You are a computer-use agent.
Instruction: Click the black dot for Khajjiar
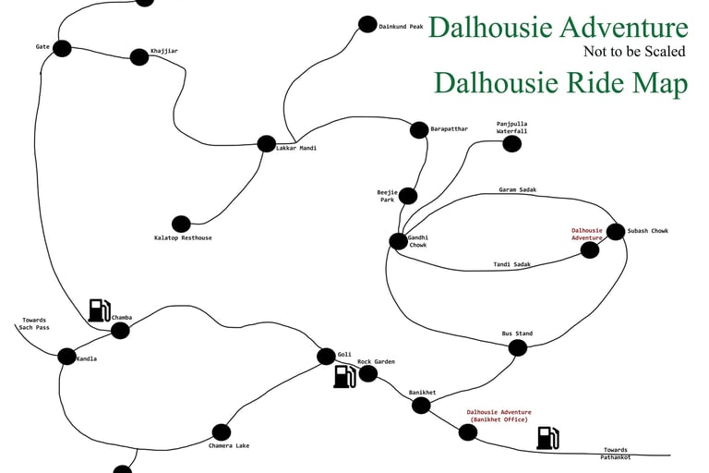coord(139,57)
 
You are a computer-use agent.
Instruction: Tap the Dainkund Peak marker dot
coord(367,25)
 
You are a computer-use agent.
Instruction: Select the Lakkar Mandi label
coord(296,148)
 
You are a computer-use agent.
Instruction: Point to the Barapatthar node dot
coord(418,130)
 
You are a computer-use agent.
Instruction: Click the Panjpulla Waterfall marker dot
coord(512,144)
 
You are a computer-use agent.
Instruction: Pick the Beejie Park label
coord(387,196)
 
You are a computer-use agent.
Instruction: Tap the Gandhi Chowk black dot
coord(398,241)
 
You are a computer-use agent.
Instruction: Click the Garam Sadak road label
coord(517,189)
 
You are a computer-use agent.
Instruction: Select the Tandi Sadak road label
coord(512,265)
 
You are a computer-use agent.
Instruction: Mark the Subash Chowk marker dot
coord(615,231)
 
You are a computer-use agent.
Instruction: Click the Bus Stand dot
coord(518,348)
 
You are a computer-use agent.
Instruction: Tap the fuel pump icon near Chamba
coord(100,310)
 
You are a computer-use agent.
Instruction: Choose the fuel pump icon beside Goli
coord(344,376)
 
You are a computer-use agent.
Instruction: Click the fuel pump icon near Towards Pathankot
coord(547,437)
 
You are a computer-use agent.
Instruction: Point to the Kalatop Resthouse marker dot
coord(181,224)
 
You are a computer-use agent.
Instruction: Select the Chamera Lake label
coord(229,446)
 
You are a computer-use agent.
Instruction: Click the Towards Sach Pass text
coord(34,324)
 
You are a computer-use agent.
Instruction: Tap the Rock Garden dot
coord(368,374)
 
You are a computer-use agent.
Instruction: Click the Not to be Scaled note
coord(635,52)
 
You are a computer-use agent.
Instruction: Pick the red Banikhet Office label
coord(499,416)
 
